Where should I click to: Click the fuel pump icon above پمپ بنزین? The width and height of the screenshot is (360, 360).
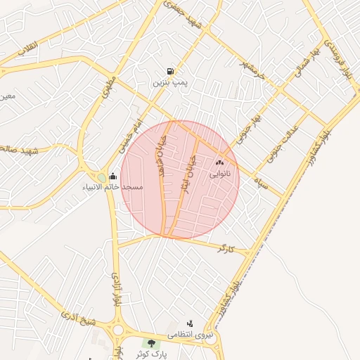[170, 72]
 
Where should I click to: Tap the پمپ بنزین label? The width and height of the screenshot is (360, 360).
[170, 83]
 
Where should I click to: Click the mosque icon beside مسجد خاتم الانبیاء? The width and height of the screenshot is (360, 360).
[113, 176]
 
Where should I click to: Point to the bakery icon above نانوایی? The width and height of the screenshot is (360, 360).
[219, 162]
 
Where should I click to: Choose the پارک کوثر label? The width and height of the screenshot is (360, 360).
[153, 354]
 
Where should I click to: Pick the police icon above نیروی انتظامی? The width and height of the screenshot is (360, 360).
[190, 323]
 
